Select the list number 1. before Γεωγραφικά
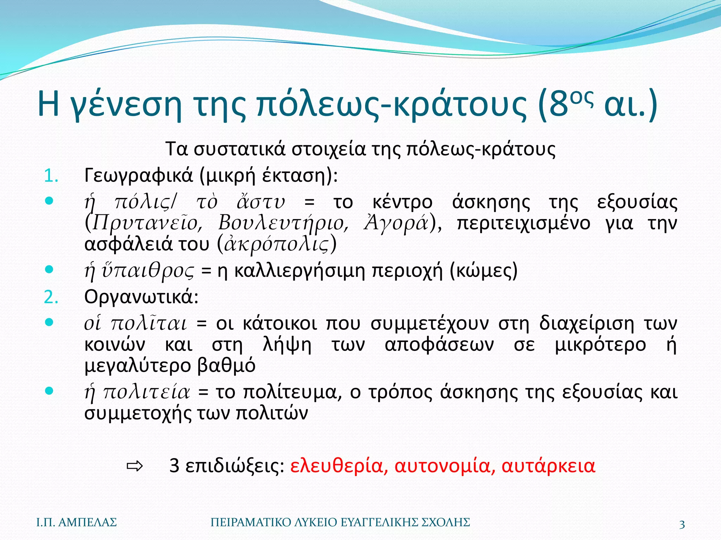(x=51, y=176)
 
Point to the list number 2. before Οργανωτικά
(x=51, y=297)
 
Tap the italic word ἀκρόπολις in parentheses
(x=276, y=244)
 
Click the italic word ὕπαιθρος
(x=148, y=271)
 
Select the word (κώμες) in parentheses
(x=484, y=271)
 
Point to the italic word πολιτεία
(x=146, y=392)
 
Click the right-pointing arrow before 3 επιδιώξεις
(x=134, y=467)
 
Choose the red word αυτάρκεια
(x=548, y=466)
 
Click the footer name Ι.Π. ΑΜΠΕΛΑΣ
(x=77, y=522)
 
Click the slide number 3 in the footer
(x=682, y=525)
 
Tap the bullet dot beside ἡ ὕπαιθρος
(x=49, y=270)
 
